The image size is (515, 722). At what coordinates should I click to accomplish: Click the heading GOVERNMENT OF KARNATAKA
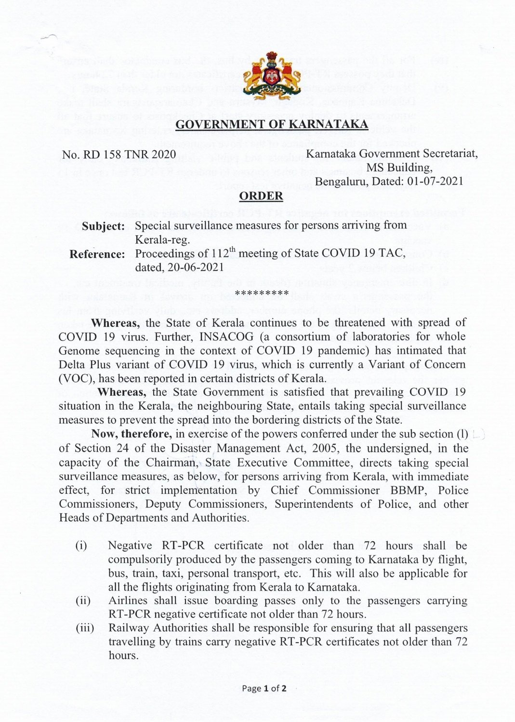point(272,125)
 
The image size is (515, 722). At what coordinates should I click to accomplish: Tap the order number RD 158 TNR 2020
point(126,155)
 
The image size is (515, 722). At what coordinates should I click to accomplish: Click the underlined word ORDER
point(261,196)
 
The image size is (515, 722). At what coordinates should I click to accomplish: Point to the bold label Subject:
point(104,226)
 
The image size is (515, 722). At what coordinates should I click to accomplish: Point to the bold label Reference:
point(97,254)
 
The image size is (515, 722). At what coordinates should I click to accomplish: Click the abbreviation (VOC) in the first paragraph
point(72,378)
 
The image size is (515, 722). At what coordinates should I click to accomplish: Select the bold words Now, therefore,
point(132,434)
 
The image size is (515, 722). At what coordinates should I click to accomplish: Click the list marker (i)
point(81,546)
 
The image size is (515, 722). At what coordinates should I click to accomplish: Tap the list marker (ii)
point(83,601)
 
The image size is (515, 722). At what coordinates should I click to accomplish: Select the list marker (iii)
point(85,628)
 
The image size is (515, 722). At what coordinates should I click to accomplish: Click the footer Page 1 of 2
point(264,688)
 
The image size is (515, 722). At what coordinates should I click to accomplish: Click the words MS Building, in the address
point(399,168)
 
